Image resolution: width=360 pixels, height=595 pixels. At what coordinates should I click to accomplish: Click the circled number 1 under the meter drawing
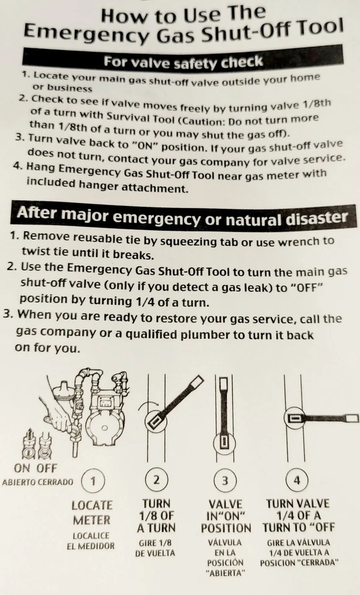pos(93,480)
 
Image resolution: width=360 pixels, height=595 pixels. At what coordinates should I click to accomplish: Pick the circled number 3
pos(226,480)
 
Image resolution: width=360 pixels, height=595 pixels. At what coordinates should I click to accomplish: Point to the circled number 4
pos(297,479)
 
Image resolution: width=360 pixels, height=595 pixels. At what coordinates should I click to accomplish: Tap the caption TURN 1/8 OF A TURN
pos(156,516)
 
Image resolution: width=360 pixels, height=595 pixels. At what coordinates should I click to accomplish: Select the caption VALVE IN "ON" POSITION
pos(226,516)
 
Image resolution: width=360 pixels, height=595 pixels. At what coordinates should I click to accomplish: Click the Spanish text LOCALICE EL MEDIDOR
pos(91,540)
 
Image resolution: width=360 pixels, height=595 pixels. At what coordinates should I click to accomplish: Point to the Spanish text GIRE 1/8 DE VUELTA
pos(156,547)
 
